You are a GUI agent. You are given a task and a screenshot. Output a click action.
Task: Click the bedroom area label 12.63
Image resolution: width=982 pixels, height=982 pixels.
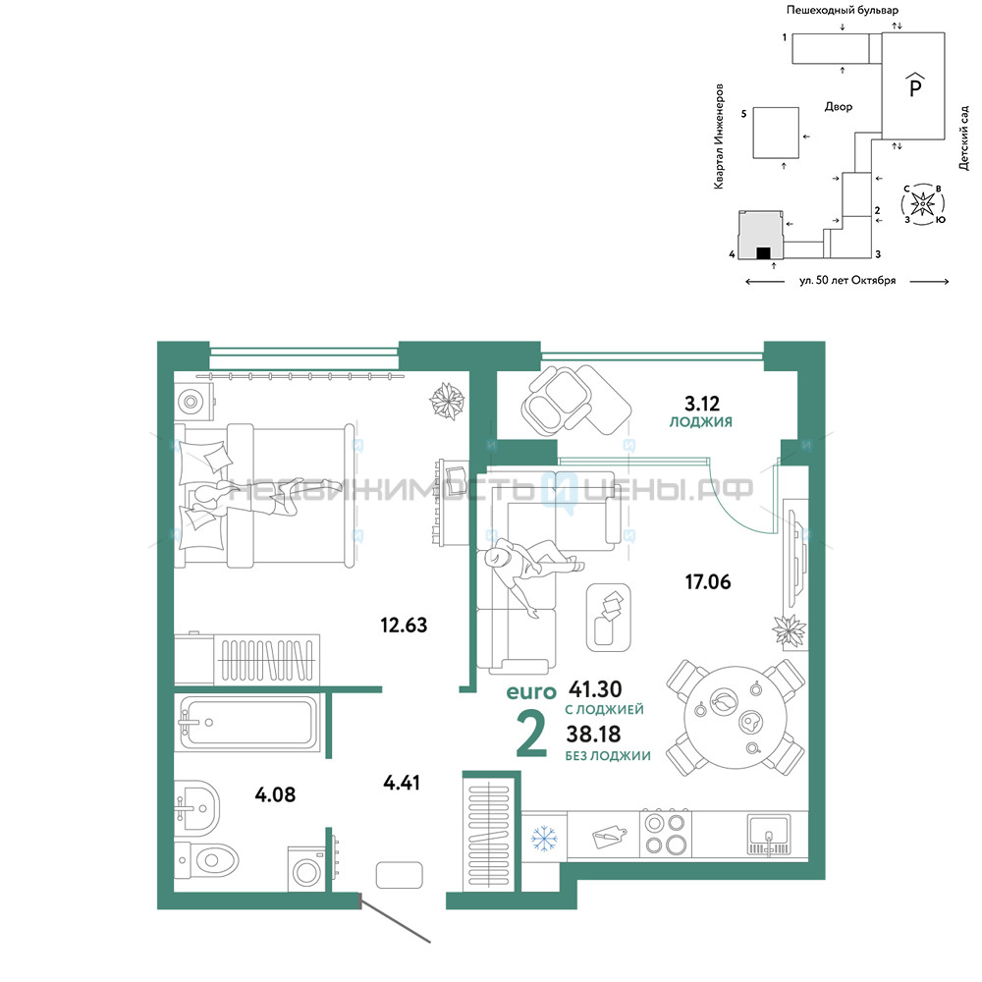click(404, 625)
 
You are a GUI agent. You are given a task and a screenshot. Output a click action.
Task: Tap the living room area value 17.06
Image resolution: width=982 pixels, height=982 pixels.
click(708, 581)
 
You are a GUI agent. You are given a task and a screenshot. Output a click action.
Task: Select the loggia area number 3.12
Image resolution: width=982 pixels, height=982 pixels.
click(702, 404)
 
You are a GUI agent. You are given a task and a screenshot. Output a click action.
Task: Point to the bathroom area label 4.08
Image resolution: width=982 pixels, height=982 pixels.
click(275, 794)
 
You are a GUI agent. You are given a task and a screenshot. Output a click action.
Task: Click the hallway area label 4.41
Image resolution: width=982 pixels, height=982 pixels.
click(402, 783)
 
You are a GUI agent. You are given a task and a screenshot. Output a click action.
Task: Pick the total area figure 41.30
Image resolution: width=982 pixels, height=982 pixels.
click(595, 689)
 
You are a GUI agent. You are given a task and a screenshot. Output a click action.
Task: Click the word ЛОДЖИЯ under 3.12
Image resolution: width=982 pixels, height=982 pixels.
click(701, 422)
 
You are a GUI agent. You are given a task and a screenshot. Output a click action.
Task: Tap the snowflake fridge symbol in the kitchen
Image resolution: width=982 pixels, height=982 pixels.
click(544, 839)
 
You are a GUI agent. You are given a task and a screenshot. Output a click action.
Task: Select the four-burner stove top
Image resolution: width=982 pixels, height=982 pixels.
click(666, 834)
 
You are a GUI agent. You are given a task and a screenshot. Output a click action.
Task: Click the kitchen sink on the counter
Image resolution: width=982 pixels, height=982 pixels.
click(769, 835)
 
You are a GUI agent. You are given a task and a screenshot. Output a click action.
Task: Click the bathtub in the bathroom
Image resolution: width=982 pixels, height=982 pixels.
click(246, 723)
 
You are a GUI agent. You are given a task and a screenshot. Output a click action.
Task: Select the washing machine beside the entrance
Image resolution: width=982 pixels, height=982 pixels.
click(306, 869)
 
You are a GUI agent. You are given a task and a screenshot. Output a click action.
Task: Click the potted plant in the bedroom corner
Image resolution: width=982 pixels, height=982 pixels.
click(447, 401)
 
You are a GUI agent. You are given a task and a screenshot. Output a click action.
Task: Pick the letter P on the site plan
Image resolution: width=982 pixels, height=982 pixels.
click(915, 85)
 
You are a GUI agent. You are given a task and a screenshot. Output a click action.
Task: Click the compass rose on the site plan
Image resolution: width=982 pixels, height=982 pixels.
click(922, 203)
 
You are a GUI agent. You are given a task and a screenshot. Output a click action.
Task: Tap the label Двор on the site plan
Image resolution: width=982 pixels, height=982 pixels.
click(839, 106)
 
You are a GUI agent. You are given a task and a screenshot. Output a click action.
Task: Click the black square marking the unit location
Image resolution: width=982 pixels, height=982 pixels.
click(763, 253)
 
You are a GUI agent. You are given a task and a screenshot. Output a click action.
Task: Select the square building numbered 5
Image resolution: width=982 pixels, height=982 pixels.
click(776, 133)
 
